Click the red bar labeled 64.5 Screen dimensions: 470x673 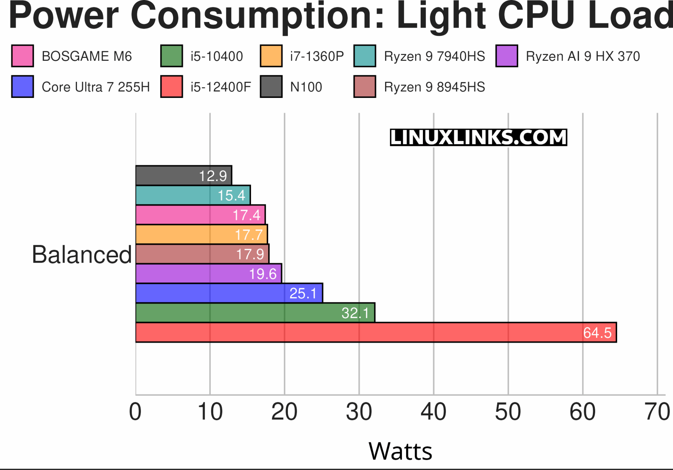tap(376, 332)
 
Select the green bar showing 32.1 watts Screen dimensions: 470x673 tap(255, 313)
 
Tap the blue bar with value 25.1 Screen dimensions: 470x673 tap(229, 293)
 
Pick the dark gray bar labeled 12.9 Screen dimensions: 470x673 tap(184, 176)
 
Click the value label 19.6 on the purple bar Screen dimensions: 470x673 tap(263, 274)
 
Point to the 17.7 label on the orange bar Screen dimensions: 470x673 tap(249, 235)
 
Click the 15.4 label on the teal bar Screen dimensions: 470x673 tap(231, 196)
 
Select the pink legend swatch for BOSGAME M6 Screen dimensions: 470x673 tap(22, 56)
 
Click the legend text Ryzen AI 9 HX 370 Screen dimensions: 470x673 tap(583, 56)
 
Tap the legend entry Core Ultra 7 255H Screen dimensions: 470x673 tap(96, 87)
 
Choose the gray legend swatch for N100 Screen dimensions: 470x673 tap(271, 87)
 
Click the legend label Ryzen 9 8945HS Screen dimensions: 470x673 tap(434, 87)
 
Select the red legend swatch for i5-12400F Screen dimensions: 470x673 tap(172, 87)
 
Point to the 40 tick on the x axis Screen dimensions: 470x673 tap(433, 412)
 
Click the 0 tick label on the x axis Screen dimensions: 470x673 tap(135, 412)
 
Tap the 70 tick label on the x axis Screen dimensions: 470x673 tap(657, 412)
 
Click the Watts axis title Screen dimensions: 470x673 tap(400, 451)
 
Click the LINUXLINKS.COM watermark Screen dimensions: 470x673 tap(478, 137)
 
